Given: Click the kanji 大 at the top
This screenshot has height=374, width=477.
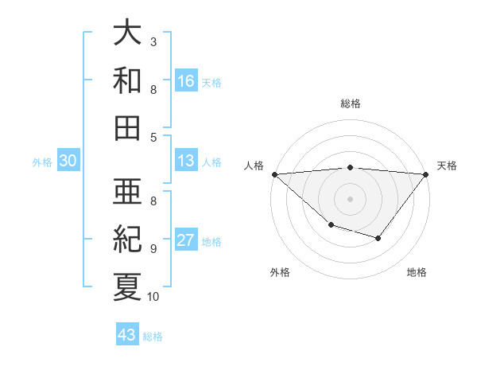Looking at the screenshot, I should [x=128, y=33].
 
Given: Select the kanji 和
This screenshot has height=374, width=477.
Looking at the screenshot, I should [x=128, y=80].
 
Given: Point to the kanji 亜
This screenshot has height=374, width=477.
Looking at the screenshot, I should [x=128, y=191].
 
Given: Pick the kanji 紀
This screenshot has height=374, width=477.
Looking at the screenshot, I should [x=128, y=238].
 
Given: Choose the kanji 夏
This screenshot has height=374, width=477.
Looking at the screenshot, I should [x=128, y=285].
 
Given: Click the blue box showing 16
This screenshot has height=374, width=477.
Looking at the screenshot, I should [x=186, y=80].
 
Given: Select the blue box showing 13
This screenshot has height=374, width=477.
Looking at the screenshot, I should [x=186, y=161].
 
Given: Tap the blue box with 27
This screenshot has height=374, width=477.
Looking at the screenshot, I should [x=186, y=240].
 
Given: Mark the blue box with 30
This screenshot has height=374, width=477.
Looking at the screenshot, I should [x=68, y=161].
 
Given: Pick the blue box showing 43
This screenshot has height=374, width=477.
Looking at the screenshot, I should [x=127, y=335].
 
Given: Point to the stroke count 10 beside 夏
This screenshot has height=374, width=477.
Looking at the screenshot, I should [x=153, y=297].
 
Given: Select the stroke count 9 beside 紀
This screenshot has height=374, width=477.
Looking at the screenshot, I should [x=153, y=248].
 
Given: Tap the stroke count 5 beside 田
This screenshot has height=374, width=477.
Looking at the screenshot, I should [x=153, y=138].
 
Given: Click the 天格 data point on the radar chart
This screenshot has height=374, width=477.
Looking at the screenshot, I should [x=427, y=173].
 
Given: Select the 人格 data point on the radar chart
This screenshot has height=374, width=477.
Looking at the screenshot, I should [x=274, y=173].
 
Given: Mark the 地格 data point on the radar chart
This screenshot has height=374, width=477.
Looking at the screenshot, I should [x=378, y=238].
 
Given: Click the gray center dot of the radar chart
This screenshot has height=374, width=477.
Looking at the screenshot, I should [x=351, y=198].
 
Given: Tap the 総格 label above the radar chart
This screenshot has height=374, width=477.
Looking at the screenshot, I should [x=351, y=103].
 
